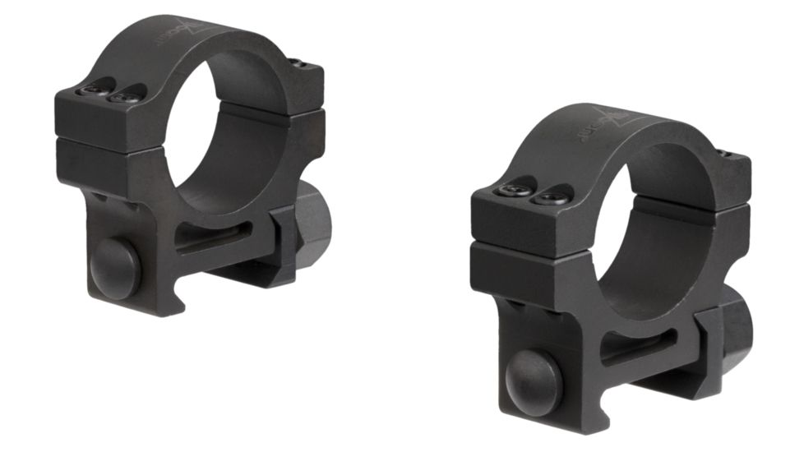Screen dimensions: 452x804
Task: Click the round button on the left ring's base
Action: pos(115,269)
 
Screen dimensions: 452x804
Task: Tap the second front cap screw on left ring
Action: pos(127,97)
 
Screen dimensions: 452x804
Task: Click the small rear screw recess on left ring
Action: pos(301,64)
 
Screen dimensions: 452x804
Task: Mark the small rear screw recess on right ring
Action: pos(725,154)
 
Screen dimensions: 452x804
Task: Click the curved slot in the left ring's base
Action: pos(215,238)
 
